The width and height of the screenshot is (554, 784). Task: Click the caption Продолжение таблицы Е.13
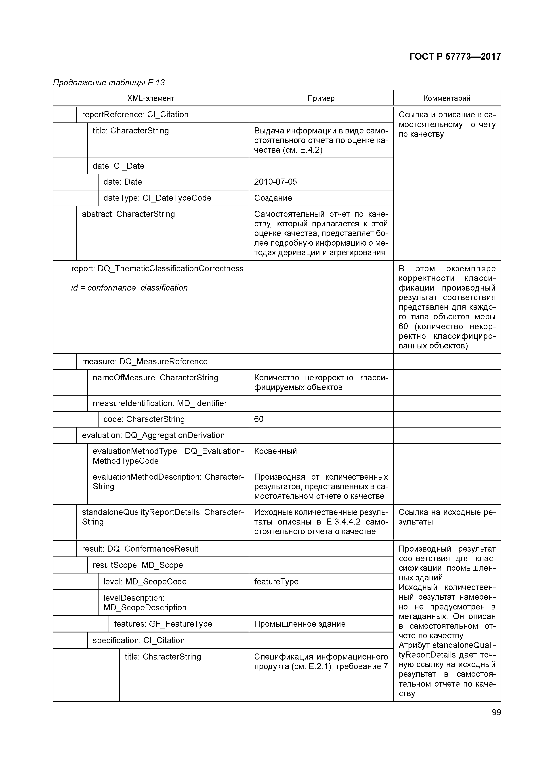[109, 83]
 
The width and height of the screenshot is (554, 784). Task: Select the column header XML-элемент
[151, 98]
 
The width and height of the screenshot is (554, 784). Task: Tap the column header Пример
[321, 98]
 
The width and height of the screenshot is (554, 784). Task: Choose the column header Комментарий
[447, 98]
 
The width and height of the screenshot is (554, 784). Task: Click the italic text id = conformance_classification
[129, 288]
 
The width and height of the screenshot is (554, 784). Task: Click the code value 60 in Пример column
[259, 419]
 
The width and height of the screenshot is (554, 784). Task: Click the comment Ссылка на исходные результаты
[447, 517]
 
